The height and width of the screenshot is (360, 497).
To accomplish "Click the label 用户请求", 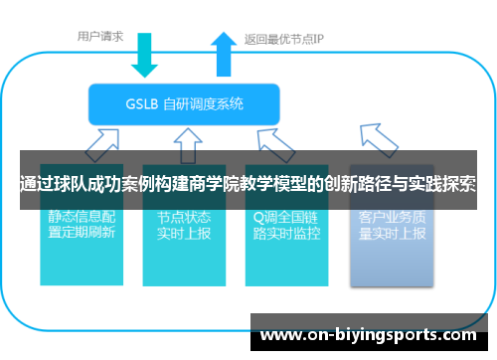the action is point(100,37).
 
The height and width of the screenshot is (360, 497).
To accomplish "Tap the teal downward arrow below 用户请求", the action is point(144,55).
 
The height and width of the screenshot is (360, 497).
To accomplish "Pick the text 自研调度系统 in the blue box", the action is point(206,103).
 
